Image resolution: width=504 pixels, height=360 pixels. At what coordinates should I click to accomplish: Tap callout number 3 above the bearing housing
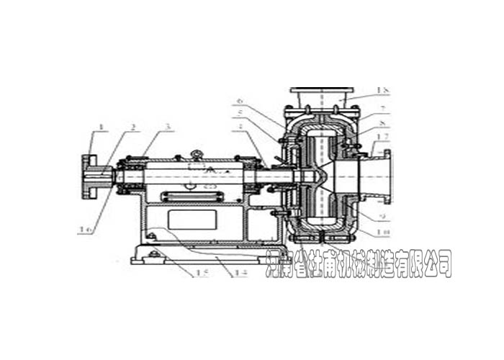click(167, 127)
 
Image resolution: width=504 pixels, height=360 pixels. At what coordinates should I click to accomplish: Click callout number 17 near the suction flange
click(386, 146)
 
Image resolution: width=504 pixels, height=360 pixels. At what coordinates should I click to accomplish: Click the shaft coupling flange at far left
click(91, 176)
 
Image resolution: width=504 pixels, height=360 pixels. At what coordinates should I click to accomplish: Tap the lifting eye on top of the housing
click(196, 153)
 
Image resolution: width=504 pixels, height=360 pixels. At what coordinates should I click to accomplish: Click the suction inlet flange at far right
click(387, 176)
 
